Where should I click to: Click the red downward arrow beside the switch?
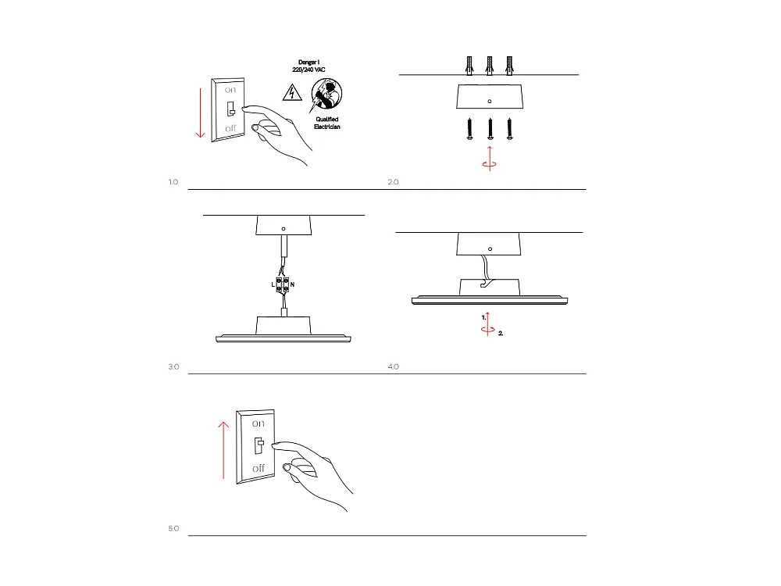pyautogui.click(x=201, y=113)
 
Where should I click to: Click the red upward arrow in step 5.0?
pyautogui.click(x=223, y=450)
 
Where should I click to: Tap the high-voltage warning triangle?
pyautogui.click(x=291, y=93)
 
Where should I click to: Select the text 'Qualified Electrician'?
pyautogui.click(x=327, y=123)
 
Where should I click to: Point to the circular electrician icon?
pyautogui.click(x=327, y=96)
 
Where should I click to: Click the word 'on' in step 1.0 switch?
pyautogui.click(x=231, y=90)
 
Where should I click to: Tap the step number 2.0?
pyautogui.click(x=393, y=182)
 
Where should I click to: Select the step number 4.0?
pyautogui.click(x=393, y=366)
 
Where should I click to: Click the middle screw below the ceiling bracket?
pyautogui.click(x=490, y=130)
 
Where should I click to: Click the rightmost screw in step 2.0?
pyautogui.click(x=510, y=130)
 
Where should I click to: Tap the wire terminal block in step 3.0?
pyautogui.click(x=283, y=284)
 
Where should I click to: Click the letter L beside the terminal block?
pyautogui.click(x=273, y=285)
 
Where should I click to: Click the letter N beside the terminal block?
pyautogui.click(x=293, y=285)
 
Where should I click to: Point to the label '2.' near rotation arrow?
pyautogui.click(x=501, y=333)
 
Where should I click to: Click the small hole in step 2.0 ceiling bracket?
pyautogui.click(x=490, y=101)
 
